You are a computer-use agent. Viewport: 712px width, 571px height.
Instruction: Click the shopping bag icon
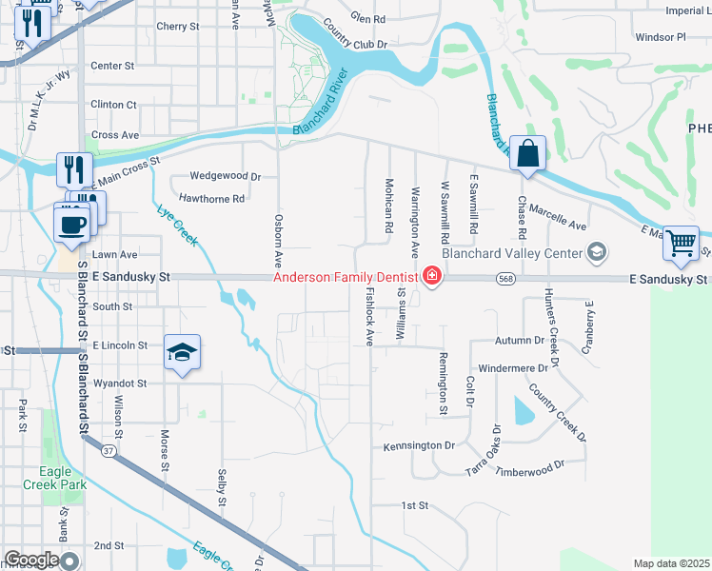527,152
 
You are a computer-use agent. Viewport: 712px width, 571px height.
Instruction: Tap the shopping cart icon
681,244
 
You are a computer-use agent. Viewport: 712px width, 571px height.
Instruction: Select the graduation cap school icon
182,353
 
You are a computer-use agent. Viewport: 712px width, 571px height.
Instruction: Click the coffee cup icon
73,225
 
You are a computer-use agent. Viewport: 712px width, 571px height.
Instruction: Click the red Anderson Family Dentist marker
431,277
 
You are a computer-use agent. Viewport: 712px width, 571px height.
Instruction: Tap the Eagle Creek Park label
63,478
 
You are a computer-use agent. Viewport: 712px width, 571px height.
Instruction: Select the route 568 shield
505,278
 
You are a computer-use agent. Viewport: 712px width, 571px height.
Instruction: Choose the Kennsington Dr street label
419,445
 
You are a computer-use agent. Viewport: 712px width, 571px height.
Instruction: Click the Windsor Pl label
660,37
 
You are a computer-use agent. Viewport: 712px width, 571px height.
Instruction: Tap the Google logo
30,560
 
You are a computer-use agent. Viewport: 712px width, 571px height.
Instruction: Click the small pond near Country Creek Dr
523,410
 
